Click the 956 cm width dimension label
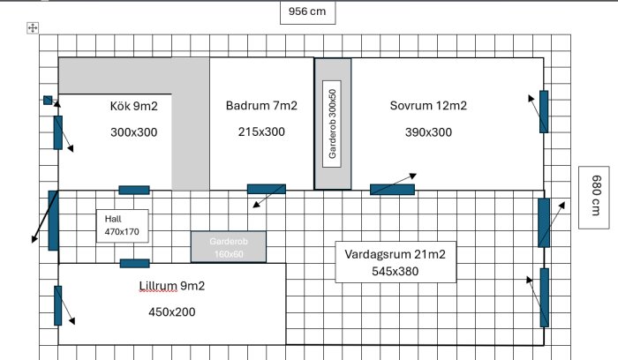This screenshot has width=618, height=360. (x=307, y=11)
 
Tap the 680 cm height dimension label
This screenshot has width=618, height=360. (x=595, y=196)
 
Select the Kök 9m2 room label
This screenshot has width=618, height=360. (x=134, y=106)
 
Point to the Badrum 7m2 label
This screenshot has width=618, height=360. (x=261, y=106)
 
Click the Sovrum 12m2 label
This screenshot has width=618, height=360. (x=428, y=106)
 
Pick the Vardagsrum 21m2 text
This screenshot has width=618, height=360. (x=395, y=254)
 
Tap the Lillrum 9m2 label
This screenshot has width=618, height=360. (x=172, y=286)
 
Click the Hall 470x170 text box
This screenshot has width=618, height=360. (x=122, y=226)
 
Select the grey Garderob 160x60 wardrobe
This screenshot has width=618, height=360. (x=229, y=247)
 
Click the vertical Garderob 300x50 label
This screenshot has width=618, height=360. (x=332, y=124)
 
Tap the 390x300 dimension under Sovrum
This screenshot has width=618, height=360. (x=428, y=132)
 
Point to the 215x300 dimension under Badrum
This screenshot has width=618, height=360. (x=261, y=132)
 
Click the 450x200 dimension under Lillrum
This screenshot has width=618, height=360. (x=172, y=312)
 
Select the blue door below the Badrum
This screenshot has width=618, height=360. (x=267, y=189)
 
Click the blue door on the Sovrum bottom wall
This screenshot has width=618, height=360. (x=392, y=190)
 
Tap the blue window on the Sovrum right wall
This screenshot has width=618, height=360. (x=544, y=112)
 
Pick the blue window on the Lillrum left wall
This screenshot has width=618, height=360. (x=58, y=305)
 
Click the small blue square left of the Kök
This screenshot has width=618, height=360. (x=48, y=101)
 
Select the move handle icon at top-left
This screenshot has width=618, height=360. (x=33, y=28)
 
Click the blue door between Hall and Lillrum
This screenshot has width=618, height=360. (x=135, y=264)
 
